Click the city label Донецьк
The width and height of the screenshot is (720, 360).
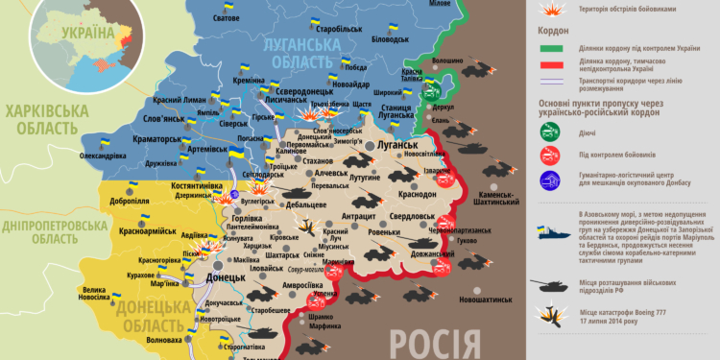pyautogui.click(x=228, y=276)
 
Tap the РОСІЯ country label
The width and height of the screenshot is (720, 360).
pyautogui.click(x=435, y=343)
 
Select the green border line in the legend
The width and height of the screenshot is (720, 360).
pyautogui.click(x=550, y=48)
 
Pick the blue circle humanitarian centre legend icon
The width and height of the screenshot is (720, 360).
pyautogui.click(x=551, y=179)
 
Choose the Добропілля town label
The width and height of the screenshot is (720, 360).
pyautogui.click(x=129, y=203)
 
